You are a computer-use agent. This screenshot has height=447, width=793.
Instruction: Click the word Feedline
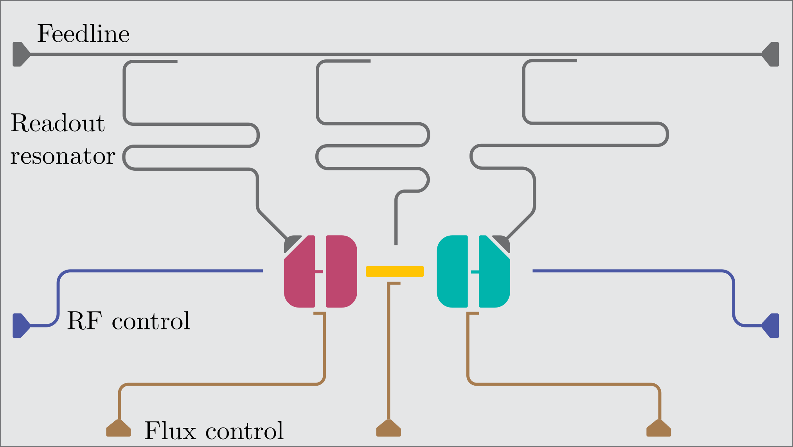click(83, 34)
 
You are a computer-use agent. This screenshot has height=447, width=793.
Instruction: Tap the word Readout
click(58, 123)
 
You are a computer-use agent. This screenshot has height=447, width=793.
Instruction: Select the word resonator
click(63, 156)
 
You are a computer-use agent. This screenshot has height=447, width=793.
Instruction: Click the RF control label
click(128, 321)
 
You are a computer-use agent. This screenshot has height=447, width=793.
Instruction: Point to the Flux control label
click(214, 431)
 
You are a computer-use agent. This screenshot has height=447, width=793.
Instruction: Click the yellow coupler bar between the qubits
click(394, 271)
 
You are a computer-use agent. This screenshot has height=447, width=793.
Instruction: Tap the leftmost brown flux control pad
click(119, 429)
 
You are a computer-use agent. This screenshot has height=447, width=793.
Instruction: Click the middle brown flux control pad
click(388, 429)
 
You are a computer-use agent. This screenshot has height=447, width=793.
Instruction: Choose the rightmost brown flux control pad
click(659, 429)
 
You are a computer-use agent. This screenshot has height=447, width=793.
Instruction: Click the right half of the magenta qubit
click(341, 271)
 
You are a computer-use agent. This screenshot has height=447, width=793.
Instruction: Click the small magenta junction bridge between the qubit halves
click(319, 272)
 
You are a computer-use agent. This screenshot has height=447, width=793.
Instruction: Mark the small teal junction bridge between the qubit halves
click(475, 272)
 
